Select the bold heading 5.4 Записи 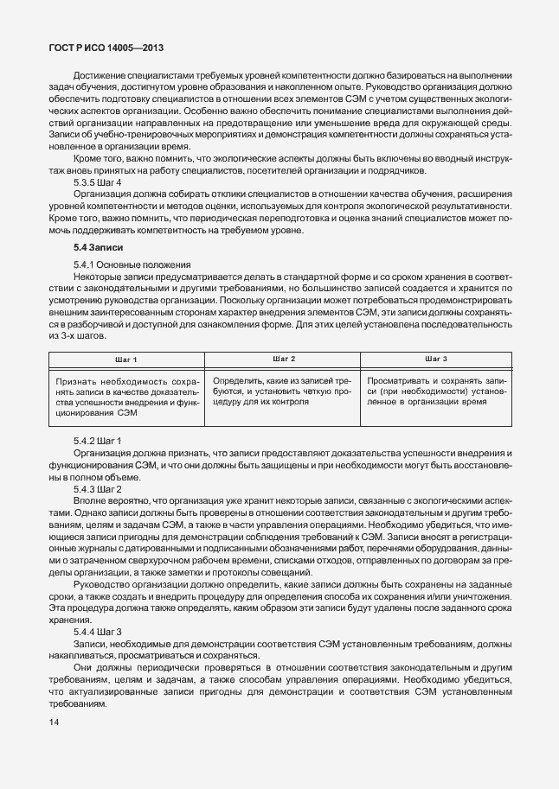click(98, 248)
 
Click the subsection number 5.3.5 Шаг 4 click(98, 183)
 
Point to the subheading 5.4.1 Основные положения click(129, 263)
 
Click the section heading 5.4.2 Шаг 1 click(98, 441)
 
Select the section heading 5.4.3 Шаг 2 click(98, 489)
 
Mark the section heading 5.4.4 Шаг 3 click(98, 634)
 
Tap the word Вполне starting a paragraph click(91, 501)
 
